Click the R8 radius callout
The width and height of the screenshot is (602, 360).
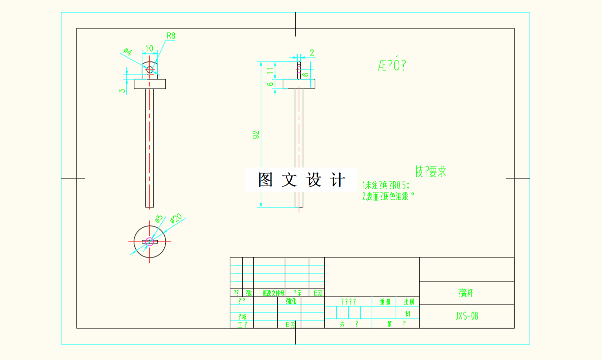[x=171, y=36]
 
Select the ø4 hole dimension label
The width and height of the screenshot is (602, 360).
[x=127, y=51]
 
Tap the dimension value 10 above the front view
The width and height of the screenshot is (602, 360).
[x=149, y=48]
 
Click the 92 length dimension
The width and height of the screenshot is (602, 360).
[x=256, y=134]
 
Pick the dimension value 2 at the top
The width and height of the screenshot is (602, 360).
[x=312, y=52]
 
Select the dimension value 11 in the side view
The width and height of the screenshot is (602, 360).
[x=270, y=71]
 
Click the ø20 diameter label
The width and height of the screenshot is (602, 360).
[x=176, y=218]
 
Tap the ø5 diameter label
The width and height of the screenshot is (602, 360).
[x=158, y=219]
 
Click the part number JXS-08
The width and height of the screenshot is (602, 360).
[x=467, y=316]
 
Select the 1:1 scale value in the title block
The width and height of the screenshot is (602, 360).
[x=408, y=314]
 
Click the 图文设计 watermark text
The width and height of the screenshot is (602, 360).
[x=301, y=180]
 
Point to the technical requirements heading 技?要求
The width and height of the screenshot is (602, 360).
[x=430, y=171]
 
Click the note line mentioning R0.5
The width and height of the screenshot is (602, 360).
[x=389, y=184]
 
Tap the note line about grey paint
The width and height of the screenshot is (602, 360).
[x=388, y=196]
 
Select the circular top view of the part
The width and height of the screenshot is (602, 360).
[x=150, y=241]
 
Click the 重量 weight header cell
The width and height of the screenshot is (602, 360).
[x=385, y=302]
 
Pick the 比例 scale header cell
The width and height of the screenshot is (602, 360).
[x=408, y=302]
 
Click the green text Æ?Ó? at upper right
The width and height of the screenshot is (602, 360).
[x=392, y=65]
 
